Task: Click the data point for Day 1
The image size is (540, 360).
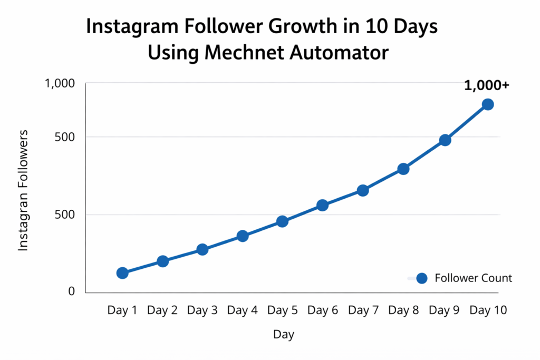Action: tap(122, 273)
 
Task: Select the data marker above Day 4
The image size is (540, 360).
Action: tap(243, 236)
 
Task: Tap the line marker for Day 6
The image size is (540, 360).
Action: tap(323, 205)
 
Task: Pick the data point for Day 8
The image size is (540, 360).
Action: tap(403, 169)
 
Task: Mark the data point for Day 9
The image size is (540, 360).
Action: tap(445, 140)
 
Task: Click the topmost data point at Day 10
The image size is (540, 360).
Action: tap(488, 104)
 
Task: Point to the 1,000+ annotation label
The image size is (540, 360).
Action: tap(486, 85)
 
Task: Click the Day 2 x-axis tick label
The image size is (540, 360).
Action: tap(162, 310)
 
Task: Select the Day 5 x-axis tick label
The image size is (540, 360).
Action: tap(283, 310)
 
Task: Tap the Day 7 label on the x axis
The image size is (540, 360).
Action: tap(363, 310)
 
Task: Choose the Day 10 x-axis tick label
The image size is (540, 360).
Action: tap(488, 310)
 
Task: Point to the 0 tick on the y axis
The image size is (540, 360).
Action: tap(72, 291)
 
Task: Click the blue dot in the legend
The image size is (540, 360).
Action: tap(421, 278)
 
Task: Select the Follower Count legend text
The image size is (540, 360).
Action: tap(473, 278)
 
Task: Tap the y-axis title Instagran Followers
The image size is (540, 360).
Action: tap(24, 190)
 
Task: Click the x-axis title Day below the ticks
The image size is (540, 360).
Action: tap(284, 335)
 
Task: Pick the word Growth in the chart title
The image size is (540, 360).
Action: tap(276, 27)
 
